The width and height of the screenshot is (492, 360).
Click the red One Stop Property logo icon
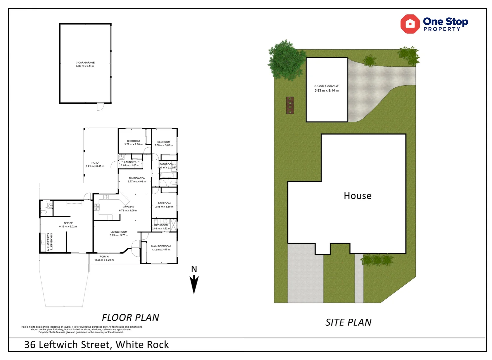410,24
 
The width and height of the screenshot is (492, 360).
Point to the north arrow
194,280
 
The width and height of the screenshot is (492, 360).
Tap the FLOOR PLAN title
131,317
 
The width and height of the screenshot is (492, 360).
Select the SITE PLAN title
348,322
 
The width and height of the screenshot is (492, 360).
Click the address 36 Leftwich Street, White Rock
97,344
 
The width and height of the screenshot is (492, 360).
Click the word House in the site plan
357,196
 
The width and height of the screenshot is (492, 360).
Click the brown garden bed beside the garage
290,105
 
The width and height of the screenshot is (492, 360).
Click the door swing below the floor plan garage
100,107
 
